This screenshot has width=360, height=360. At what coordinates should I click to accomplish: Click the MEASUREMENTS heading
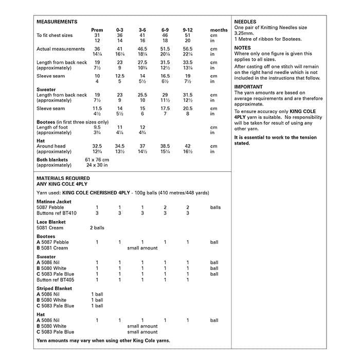point(57,22)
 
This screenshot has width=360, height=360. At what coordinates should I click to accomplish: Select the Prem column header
point(97,30)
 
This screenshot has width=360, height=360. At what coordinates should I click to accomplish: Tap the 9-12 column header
point(187,30)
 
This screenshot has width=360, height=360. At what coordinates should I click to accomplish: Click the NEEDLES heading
point(245,22)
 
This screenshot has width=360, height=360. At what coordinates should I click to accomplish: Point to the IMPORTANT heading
point(248,87)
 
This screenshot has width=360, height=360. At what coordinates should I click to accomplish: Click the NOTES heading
point(242,48)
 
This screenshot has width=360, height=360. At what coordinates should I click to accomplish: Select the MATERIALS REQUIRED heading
point(63,178)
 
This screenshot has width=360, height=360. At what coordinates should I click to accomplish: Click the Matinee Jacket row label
point(54,202)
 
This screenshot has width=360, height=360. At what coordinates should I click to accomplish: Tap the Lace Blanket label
point(51,222)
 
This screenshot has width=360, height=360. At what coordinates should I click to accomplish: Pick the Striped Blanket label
point(55,289)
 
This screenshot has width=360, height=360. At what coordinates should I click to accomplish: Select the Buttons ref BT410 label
point(57,213)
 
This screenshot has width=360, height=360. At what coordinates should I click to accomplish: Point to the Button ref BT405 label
point(56,280)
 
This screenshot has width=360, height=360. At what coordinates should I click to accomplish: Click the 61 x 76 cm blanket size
point(97,160)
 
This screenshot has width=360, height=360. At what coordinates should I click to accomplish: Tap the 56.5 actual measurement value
point(187,49)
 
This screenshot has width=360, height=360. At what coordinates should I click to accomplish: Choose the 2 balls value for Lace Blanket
point(97,228)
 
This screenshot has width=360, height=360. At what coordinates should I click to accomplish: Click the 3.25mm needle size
point(244,33)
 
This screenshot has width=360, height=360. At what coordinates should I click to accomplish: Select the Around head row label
point(51,146)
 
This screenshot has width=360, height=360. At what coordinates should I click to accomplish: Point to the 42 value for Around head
point(187,146)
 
